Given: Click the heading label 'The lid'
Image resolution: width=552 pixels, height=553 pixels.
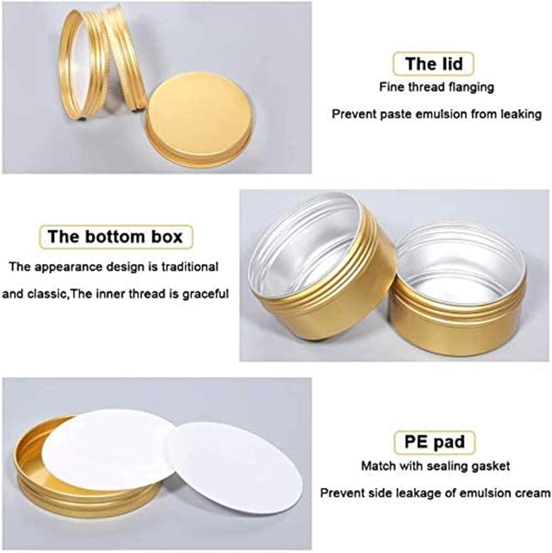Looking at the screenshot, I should tap(434, 64).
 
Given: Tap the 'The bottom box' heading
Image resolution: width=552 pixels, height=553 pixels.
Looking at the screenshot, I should tap(115, 237).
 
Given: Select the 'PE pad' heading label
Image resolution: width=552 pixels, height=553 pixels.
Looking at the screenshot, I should tap(434, 443).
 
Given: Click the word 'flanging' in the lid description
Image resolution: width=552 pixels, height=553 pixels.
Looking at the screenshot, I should tap(468, 87).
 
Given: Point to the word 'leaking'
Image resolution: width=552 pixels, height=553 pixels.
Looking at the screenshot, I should tap(519, 114).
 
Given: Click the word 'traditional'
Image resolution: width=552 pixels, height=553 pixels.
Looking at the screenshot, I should tap(187, 266).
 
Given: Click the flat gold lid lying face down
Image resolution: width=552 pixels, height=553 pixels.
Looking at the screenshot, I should tap(200, 116).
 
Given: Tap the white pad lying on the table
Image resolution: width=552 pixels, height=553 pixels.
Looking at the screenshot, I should tap(235, 467).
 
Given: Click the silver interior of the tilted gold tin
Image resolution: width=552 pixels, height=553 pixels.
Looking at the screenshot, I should tap(305, 243).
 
